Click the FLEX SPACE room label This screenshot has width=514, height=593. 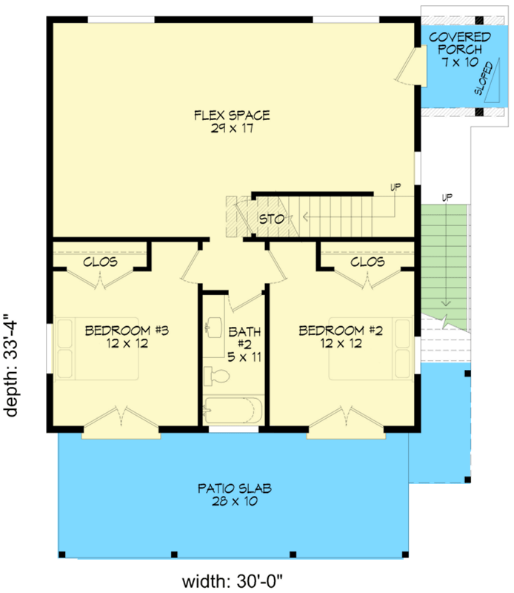tap(231, 115)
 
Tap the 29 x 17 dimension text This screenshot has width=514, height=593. tap(231, 127)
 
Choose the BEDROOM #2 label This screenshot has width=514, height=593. tap(340, 331)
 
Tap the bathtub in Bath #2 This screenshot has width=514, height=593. tap(232, 410)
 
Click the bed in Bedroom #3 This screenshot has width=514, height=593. tap(98, 348)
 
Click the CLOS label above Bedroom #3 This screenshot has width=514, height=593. tap(100, 262)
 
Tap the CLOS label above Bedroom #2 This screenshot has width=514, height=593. tap(367, 262)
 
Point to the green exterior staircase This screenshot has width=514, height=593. tap(446, 267)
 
